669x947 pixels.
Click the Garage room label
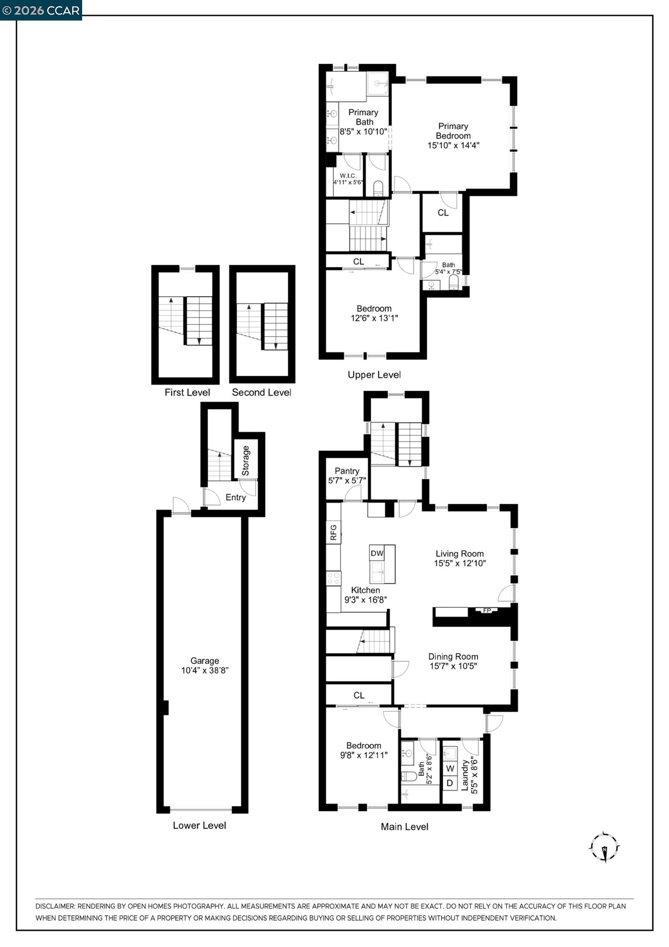coord(205,661)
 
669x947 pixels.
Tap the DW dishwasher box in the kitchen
coord(377,553)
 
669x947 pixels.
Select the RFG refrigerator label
coord(333,532)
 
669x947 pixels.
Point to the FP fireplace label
coord(487,610)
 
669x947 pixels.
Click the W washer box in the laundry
coord(450,768)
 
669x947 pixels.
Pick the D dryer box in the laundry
coord(450,783)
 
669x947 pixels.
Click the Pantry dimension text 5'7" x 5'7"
coord(347,480)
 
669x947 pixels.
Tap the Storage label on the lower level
coord(246,460)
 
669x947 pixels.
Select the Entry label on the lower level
coord(235,497)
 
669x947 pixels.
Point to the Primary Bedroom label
coord(453,131)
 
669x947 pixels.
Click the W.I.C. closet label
coord(348,176)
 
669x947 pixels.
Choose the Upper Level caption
coord(374,374)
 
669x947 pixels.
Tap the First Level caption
coord(187,392)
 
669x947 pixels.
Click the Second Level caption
coord(261,392)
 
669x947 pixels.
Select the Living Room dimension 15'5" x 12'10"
coord(460,563)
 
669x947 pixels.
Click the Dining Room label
coord(453,656)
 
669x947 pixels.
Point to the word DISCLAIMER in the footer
coord(55,906)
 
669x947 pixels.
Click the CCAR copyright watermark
coord(41,10)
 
